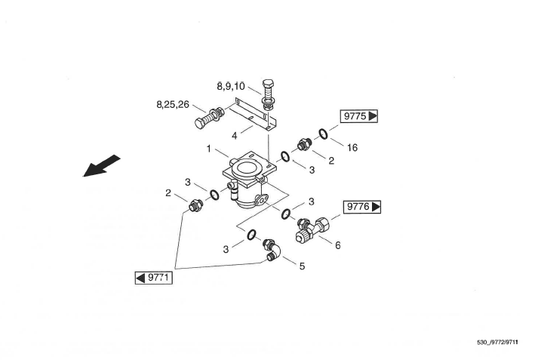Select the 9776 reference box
(363, 206)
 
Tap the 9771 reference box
(153, 278)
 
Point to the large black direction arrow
(101, 165)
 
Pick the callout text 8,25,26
(174, 104)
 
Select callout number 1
(208, 149)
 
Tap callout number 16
(352, 148)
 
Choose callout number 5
(302, 266)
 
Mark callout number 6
(337, 245)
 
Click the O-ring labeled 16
(322, 134)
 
